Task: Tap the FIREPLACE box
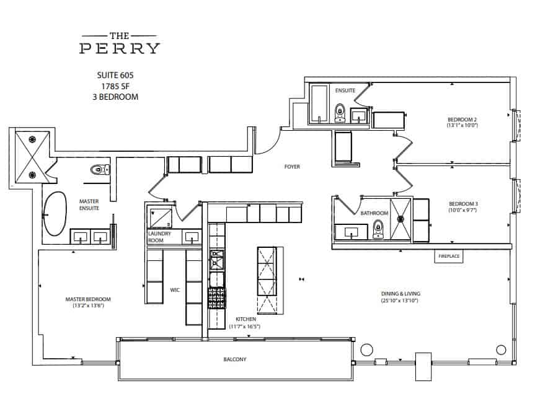448,256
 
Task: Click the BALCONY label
235,359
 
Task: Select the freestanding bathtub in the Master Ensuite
54,213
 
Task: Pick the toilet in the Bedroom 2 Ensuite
340,113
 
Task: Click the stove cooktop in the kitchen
216,299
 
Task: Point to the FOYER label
292,167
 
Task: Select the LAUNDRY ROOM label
159,237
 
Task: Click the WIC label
175,289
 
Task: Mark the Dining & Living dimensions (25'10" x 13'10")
400,301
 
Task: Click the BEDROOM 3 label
463,203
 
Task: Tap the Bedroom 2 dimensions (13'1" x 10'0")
463,126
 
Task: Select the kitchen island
267,280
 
